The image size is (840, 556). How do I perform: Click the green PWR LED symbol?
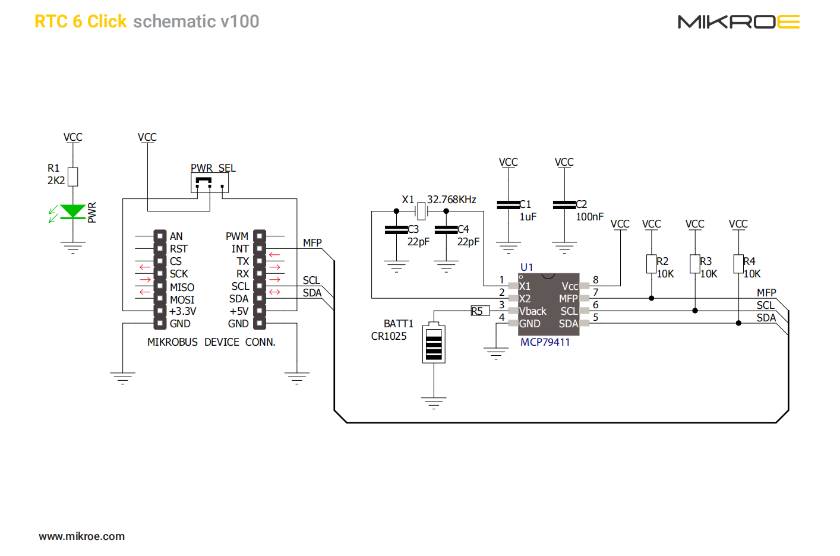73,212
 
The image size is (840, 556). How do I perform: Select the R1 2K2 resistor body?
73,176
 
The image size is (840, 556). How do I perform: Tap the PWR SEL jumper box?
210,182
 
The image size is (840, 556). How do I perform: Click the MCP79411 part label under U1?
545,342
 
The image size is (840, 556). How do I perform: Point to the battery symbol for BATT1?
434,344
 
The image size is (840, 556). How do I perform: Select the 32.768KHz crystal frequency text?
451,200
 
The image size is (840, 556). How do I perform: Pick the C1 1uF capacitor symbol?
509,205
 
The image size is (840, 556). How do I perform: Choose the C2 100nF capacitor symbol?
564,205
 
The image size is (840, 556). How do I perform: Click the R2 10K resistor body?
652,264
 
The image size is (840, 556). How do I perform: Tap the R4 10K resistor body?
738,264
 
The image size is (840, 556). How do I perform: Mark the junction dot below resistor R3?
695,311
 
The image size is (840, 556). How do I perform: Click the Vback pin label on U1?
532,311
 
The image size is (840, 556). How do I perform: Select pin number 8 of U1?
596,280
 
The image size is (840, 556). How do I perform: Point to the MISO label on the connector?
182,287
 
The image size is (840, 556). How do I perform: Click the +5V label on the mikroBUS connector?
239,311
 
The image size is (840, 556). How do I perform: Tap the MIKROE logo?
738,22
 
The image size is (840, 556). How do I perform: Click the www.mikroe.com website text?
82,536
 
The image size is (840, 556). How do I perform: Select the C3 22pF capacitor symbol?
396,230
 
